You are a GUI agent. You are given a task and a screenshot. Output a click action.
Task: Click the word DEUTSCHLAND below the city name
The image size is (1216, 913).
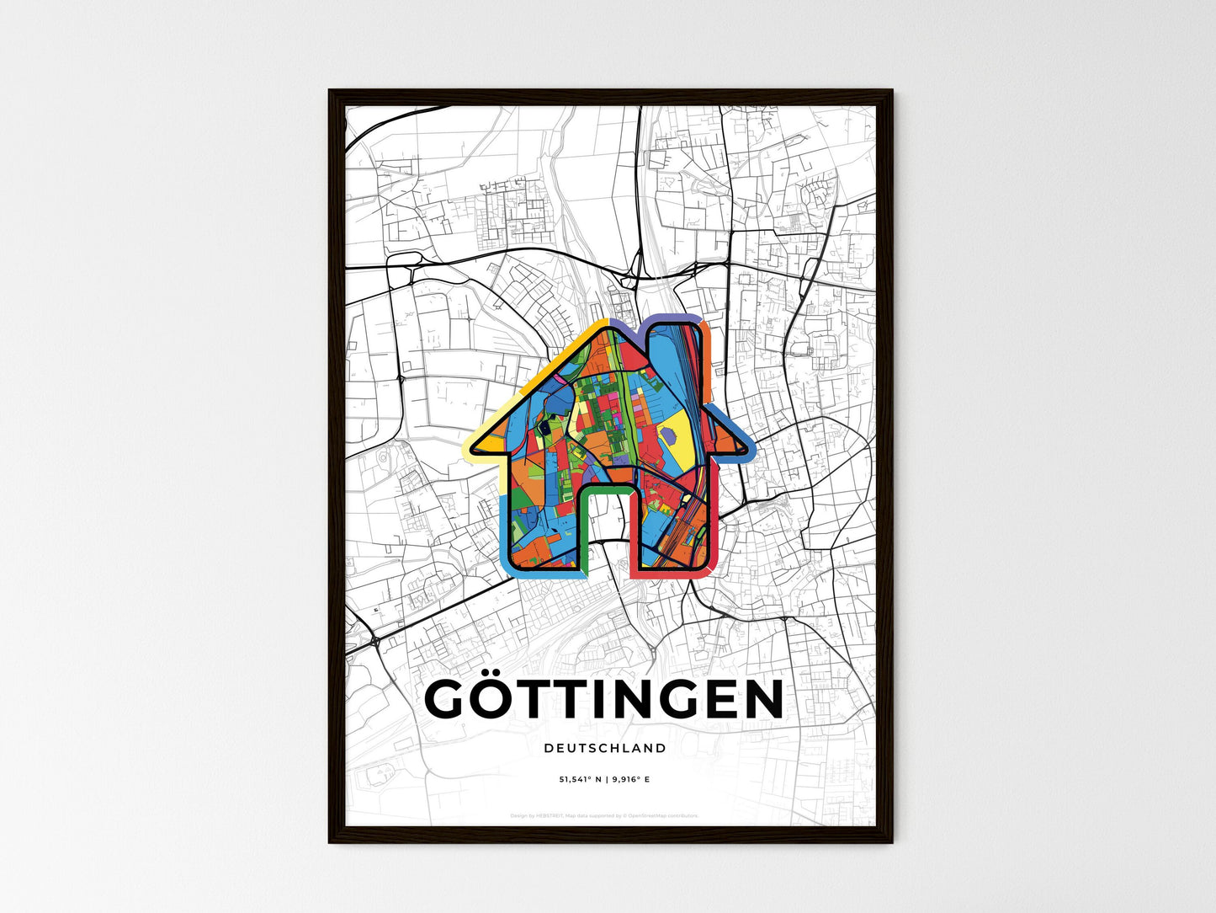[604, 748]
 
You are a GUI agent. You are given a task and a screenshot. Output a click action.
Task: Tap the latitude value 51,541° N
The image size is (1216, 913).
[581, 780]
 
